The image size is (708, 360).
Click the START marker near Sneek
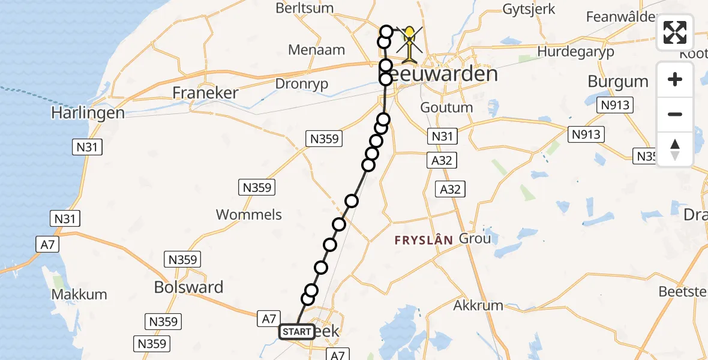pyautogui.click(x=296, y=332)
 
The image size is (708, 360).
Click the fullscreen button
pyautogui.click(x=675, y=32)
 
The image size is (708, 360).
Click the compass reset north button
pyautogui.click(x=675, y=149)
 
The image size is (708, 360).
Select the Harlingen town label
pyautogui.click(x=88, y=113)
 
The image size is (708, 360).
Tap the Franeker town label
pyautogui.click(x=205, y=93)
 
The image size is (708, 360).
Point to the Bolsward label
pyautogui.click(x=188, y=287)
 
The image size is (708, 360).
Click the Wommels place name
pyautogui.click(x=248, y=215)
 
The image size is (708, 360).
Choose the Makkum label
pyautogui.click(x=79, y=295)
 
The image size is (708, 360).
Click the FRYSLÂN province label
pyautogui.click(x=424, y=240)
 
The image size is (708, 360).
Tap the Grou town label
pyautogui.click(x=475, y=239)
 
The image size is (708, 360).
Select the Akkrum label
pyautogui.click(x=478, y=305)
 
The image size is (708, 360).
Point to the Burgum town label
pyautogui.click(x=618, y=82)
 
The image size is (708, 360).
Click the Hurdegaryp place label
pyautogui.click(x=575, y=52)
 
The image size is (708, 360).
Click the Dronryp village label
pyautogui.click(x=301, y=84)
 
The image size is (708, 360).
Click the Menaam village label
pyautogui.click(x=316, y=50)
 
